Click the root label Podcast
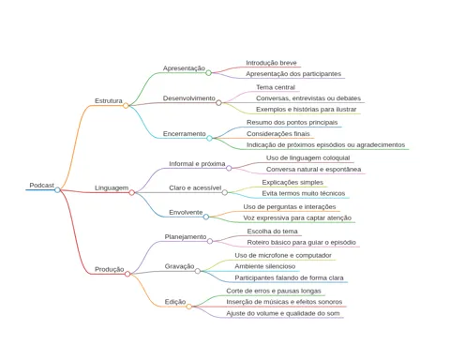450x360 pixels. [x=41, y=186]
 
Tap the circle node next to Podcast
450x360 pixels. [x=57, y=190]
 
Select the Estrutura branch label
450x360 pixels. [x=109, y=101]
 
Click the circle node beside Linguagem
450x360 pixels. [x=132, y=192]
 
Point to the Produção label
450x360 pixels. [x=110, y=269]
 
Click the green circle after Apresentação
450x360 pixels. [x=208, y=73]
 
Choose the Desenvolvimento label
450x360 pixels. [x=189, y=98]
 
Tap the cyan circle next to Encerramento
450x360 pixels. [x=209, y=138]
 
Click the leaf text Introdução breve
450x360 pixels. [x=271, y=63]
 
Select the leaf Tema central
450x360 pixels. [x=276, y=87]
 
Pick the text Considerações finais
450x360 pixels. [x=278, y=134]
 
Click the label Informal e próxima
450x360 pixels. [x=197, y=164]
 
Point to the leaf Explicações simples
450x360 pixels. [x=292, y=182]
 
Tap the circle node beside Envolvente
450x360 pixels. [x=206, y=217]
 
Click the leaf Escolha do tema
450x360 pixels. [x=272, y=232]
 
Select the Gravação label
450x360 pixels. [x=179, y=266]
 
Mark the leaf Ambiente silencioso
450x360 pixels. [x=265, y=266]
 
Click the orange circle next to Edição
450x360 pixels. [x=188, y=307]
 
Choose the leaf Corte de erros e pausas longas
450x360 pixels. [x=274, y=291]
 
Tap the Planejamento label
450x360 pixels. [x=186, y=237]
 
